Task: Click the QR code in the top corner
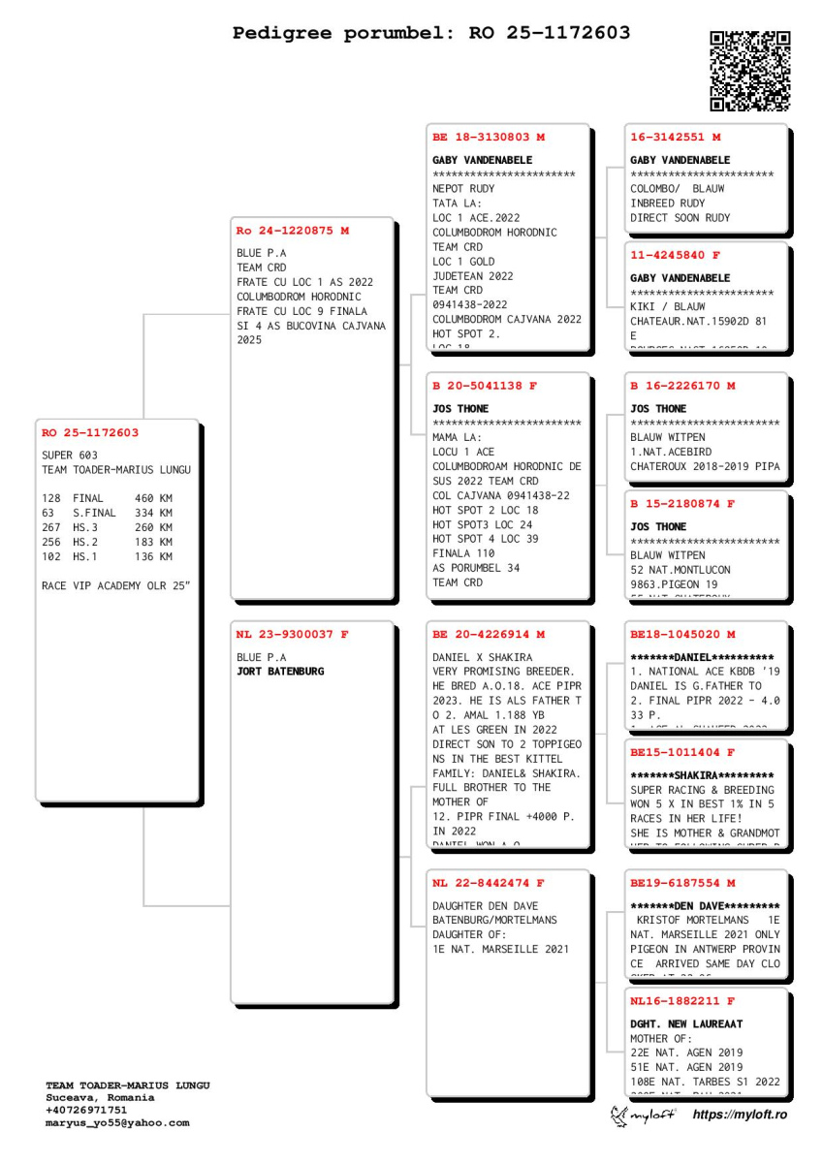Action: [750, 71]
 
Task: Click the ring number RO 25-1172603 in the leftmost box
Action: [90, 433]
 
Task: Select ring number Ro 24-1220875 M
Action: [293, 231]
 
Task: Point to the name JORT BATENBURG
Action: [281, 671]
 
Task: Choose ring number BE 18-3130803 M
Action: [489, 138]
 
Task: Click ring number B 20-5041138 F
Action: [485, 386]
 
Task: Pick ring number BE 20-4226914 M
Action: [489, 635]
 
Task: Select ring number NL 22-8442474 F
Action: [489, 883]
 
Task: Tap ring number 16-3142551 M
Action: [676, 138]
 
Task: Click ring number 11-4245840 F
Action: [676, 256]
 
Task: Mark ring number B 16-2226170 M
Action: [682, 386]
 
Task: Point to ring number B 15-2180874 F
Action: [682, 504]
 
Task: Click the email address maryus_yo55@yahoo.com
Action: [117, 1123]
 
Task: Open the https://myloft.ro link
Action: [740, 1116]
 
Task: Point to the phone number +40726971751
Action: [86, 1111]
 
